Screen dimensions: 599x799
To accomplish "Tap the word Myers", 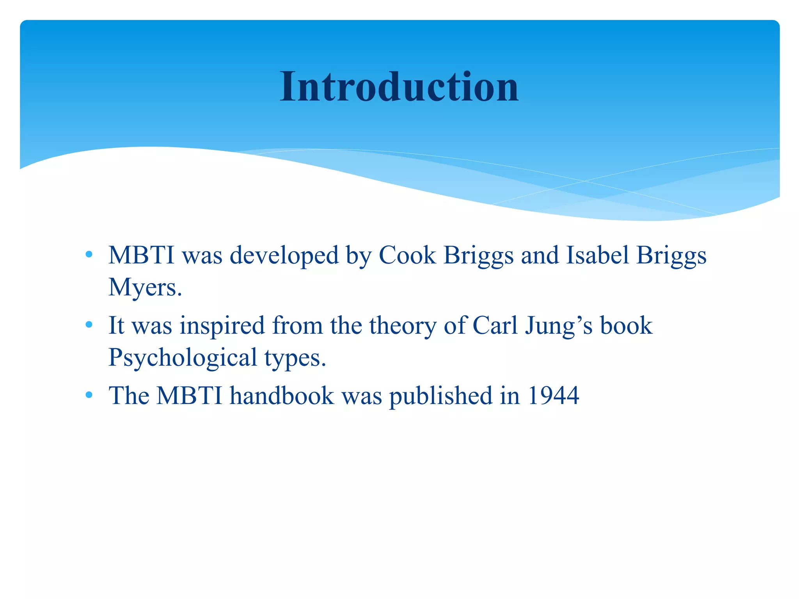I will [145, 288].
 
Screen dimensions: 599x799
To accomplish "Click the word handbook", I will [282, 396].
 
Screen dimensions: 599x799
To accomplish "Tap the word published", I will [440, 397].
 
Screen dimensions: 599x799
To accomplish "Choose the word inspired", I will [222, 326].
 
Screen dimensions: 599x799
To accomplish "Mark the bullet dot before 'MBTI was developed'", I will [89, 255].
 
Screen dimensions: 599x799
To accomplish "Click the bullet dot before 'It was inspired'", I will [89, 324].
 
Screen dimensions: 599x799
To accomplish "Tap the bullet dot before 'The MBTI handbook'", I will [89, 395].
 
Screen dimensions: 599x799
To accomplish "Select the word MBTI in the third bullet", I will [189, 396].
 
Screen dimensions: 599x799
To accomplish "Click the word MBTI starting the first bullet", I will [141, 256].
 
